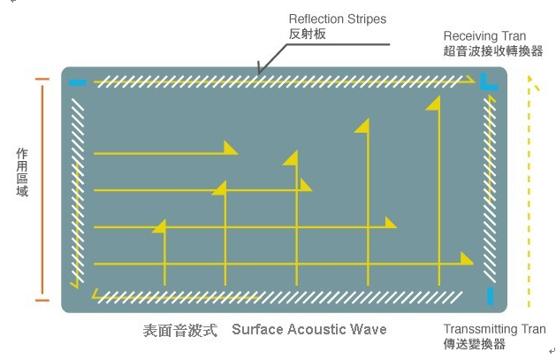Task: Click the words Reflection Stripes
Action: click(338, 19)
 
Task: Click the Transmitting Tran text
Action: click(494, 328)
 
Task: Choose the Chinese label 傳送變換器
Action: click(475, 343)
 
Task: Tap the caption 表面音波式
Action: click(179, 330)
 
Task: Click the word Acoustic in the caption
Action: click(316, 329)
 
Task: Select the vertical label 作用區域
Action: click(22, 172)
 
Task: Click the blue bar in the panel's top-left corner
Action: click(78, 83)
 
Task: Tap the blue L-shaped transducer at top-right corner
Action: click(489, 85)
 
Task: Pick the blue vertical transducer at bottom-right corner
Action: click(490, 295)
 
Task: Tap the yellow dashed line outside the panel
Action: click(529, 195)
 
